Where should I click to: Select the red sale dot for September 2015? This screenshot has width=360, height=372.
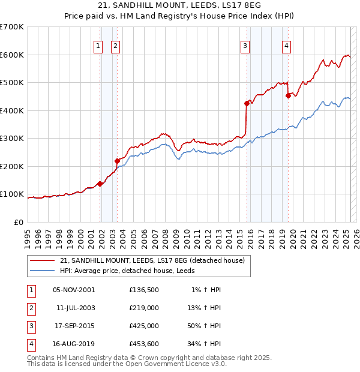tap(247, 103)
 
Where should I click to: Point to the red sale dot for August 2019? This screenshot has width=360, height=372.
tap(288, 95)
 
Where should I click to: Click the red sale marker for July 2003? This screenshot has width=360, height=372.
tap(117, 161)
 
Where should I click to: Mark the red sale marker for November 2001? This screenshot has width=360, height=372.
tap(100, 184)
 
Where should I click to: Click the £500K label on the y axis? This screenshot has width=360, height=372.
tap(12, 82)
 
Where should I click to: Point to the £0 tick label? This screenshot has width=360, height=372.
tap(19, 222)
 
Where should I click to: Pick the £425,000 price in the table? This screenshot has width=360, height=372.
tap(144, 326)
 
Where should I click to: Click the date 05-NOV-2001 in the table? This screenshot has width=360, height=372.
tap(74, 290)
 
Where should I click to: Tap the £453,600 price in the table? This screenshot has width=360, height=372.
tap(144, 344)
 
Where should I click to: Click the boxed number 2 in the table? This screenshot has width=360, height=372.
tap(31, 308)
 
